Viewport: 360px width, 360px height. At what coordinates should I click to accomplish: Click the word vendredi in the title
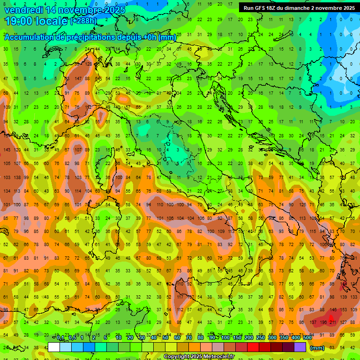[23, 9]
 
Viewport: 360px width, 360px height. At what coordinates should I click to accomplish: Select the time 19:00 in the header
[21, 21]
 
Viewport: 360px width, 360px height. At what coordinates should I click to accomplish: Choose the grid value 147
[78, 78]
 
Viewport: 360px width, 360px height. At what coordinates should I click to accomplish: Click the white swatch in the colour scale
[54, 347]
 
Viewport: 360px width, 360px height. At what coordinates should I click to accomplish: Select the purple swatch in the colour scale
[300, 347]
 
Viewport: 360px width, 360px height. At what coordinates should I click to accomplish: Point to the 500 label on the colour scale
[307, 338]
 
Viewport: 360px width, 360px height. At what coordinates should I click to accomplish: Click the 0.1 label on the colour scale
[60, 338]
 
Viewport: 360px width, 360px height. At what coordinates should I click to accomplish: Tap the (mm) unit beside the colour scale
[317, 348]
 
